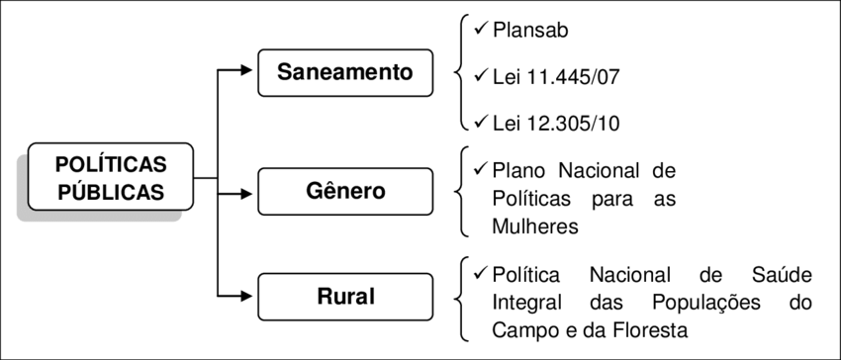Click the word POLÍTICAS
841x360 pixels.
click(x=110, y=164)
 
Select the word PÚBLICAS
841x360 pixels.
click(x=110, y=191)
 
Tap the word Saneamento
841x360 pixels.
click(x=344, y=72)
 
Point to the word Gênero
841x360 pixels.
click(x=345, y=191)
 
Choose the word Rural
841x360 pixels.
click(x=345, y=297)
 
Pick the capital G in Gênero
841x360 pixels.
click(x=314, y=191)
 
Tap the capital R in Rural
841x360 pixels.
click(x=324, y=297)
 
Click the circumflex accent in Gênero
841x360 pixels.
click(x=330, y=181)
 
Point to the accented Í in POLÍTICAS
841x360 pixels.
click(x=101, y=163)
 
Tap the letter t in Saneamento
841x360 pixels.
click(x=392, y=72)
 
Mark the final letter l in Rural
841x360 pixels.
click(x=371, y=297)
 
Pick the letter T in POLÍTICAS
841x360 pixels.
click(x=113, y=164)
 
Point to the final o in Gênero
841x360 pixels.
click(x=378, y=192)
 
